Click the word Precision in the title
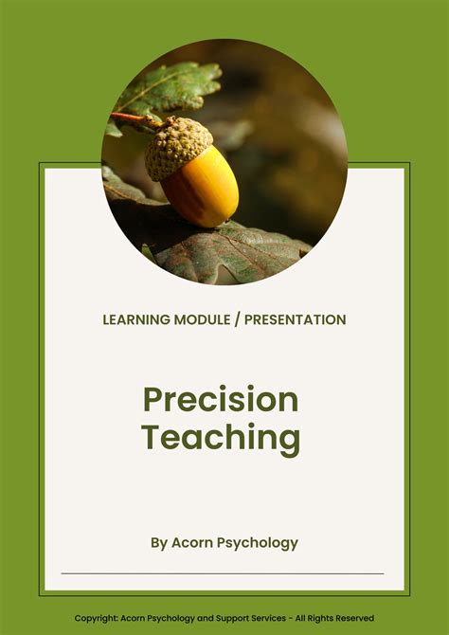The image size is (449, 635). pos(221,399)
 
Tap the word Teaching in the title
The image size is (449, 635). pos(221,438)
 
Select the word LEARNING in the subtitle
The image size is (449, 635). pos(136,319)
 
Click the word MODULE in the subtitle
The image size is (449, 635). pos(204,319)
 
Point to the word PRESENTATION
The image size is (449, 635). pos(295,319)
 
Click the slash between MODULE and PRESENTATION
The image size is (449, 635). pos(238,319)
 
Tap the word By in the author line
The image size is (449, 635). pos(159,543)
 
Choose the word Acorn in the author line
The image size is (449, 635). pos(196,543)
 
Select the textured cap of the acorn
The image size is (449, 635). pos(176,147)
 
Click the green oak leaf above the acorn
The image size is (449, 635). pos(171,85)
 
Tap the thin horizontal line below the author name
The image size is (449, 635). pos(223,573)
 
